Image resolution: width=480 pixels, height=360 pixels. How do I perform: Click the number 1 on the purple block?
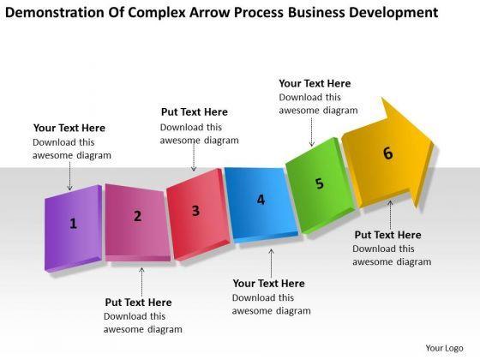coord(73,224)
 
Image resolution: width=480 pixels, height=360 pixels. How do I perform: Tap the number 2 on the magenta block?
coord(138,216)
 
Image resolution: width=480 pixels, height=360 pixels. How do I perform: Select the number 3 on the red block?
coord(195,211)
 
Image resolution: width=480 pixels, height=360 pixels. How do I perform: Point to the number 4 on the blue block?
coord(261,200)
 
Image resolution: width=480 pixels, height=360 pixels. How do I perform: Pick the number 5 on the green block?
coord(319,183)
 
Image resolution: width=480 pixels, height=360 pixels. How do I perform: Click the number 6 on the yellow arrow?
coord(387,153)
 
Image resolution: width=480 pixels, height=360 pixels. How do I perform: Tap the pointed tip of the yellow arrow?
coord(433,142)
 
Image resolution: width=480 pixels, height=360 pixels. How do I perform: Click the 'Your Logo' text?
coord(444,348)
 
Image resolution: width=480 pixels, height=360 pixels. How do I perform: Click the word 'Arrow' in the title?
coord(209,13)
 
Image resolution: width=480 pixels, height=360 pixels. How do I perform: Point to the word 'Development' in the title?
coord(393,13)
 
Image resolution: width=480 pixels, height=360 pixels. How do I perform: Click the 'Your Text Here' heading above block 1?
coord(69,128)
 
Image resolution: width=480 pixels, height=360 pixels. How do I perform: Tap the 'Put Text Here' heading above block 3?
coord(195,111)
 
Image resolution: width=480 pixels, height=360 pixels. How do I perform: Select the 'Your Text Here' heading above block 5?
coord(315,83)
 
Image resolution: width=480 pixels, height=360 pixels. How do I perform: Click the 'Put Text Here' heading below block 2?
coord(138,302)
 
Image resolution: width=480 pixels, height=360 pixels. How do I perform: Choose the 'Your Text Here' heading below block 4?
coord(269,283)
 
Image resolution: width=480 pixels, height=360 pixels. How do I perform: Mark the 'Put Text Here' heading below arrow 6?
coord(387,235)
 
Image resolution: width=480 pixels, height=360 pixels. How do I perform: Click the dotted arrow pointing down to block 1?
coord(69,176)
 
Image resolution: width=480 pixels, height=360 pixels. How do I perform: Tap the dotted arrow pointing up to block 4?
coord(271,263)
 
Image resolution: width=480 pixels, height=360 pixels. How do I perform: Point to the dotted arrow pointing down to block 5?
coord(312,132)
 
